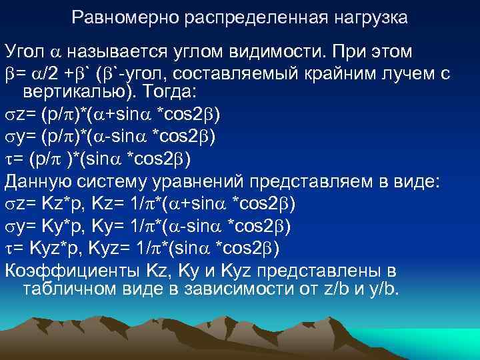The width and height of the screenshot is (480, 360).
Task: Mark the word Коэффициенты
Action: (69, 271)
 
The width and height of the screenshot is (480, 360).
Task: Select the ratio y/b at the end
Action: (379, 289)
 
